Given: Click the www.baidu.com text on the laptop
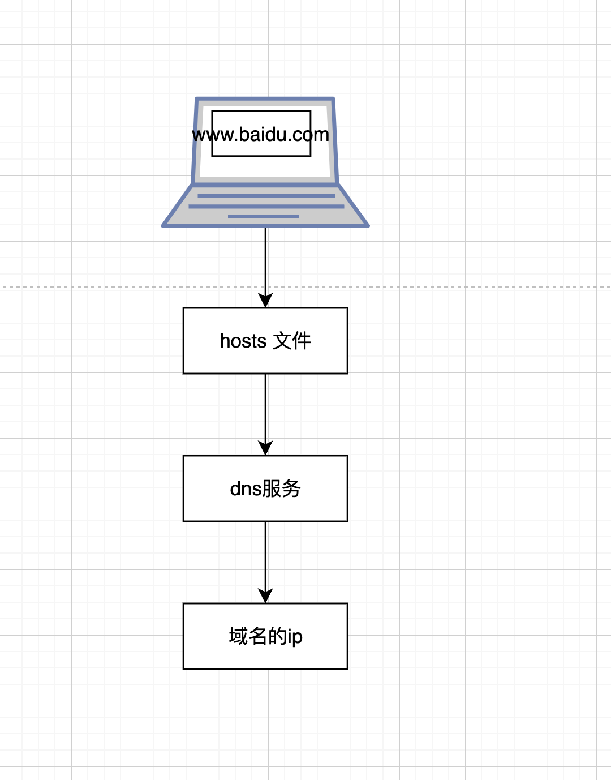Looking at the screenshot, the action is [260, 135].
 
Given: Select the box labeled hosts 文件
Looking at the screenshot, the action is [265, 341].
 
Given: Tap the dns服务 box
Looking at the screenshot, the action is [265, 488].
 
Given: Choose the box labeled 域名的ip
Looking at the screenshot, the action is [265, 636].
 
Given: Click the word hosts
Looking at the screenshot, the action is [243, 341].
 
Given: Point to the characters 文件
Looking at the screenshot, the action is [292, 341].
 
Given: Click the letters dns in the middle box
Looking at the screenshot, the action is [246, 489].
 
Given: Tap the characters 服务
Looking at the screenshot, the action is [281, 489].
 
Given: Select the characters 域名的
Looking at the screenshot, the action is [258, 636].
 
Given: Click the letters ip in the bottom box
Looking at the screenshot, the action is [295, 637].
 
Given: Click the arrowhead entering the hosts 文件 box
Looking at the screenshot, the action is [265, 301].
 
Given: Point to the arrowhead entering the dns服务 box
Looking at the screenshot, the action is [265, 448].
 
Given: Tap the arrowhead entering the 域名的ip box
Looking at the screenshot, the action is [265, 596].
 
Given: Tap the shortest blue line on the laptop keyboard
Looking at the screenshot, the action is [263, 216].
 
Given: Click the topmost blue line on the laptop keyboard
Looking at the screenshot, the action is [266, 196].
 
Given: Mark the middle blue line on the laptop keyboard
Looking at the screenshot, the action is [266, 207].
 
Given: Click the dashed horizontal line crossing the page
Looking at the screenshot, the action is [305, 287].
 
